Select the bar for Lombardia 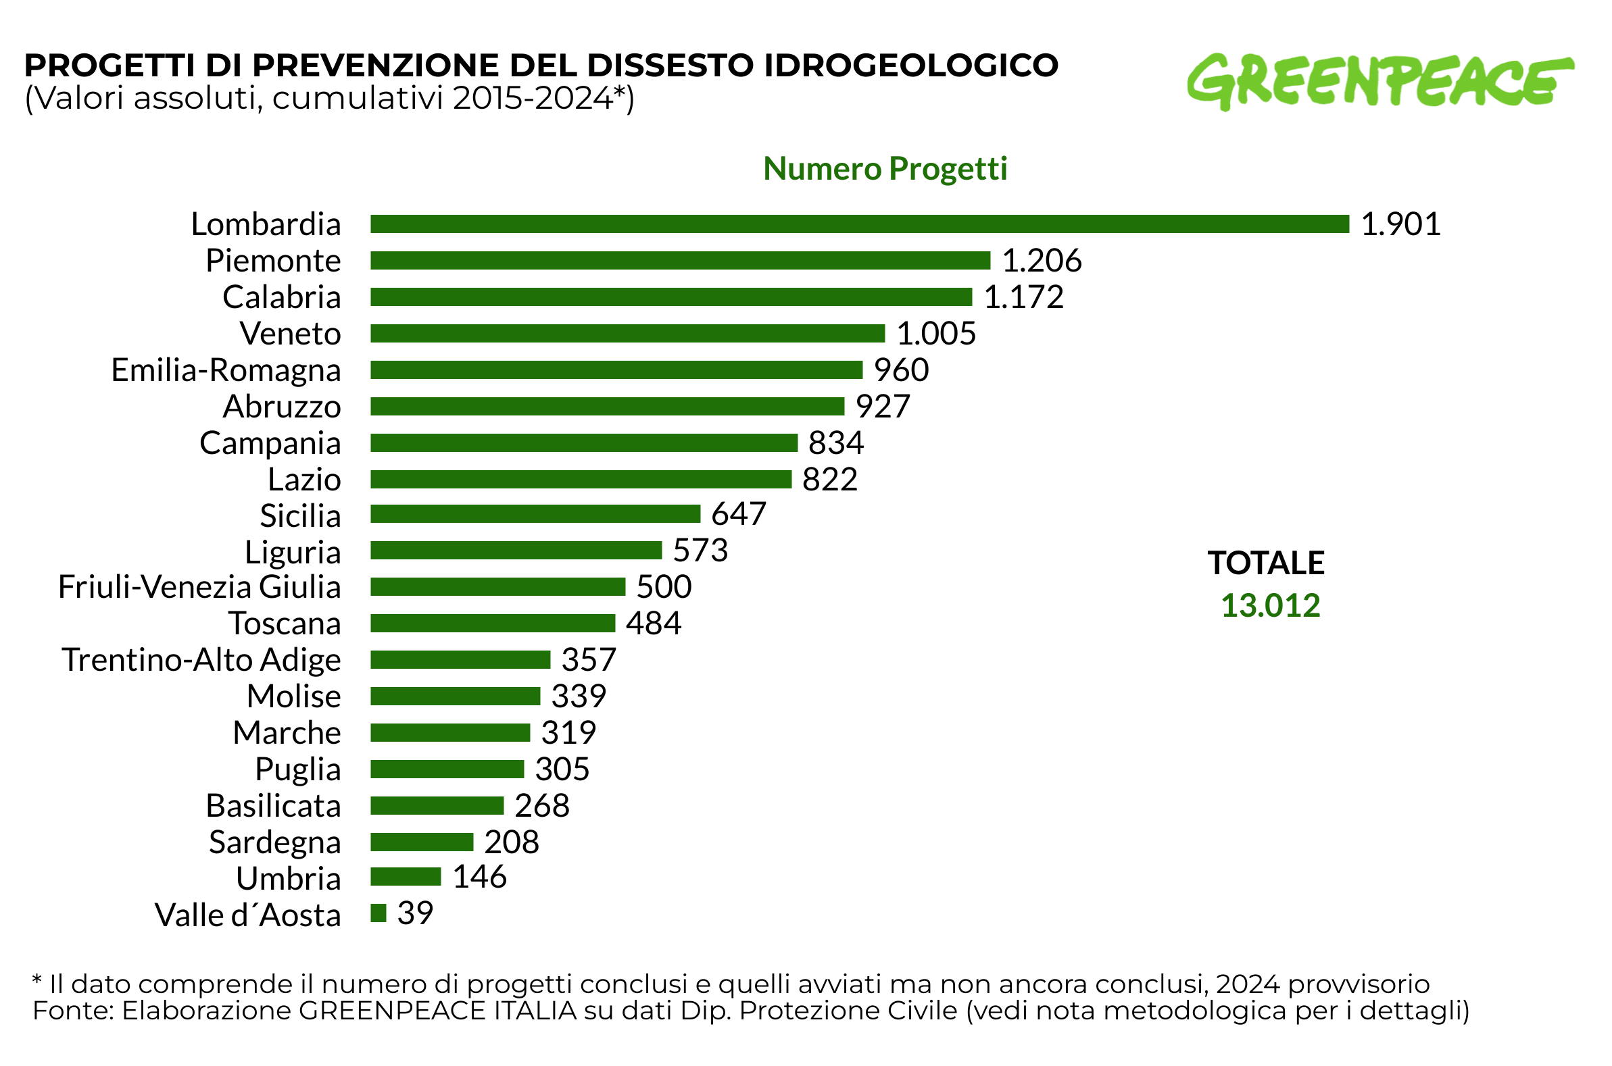(859, 224)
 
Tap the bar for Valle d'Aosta (378, 913)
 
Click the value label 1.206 (1042, 260)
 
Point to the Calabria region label (282, 298)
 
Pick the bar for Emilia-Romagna (616, 370)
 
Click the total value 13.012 (1270, 606)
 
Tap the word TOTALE (1266, 563)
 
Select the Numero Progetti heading (884, 169)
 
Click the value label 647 (738, 514)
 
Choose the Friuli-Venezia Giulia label (199, 588)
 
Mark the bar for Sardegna (422, 842)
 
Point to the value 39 (415, 913)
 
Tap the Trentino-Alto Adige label (201, 660)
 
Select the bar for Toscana (493, 624)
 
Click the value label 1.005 (936, 334)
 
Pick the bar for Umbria (406, 877)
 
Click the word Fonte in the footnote (72, 1011)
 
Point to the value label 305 (562, 769)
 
